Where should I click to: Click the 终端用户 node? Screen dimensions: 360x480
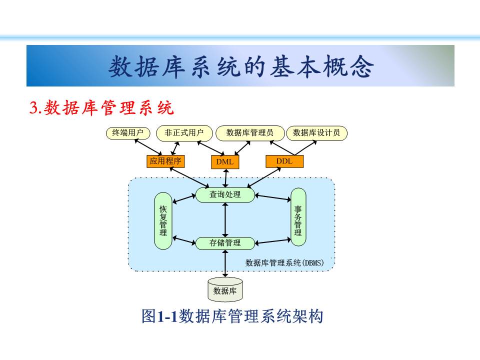pos(128,133)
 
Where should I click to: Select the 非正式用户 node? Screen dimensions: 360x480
pos(184,133)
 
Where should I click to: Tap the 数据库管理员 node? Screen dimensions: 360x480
pos(249,133)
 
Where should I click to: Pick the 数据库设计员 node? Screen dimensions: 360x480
pos(316,133)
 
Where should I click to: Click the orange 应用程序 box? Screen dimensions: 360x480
pos(165,161)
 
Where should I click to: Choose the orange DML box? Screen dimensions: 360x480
pos(225,162)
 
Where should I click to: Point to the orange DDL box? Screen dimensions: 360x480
pos(284,161)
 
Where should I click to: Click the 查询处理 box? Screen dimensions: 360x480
pos(225,194)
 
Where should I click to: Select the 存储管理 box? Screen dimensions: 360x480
pos(225,243)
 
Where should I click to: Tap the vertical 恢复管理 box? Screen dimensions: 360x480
pos(163,220)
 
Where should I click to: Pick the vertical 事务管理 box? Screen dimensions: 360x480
pos(298,216)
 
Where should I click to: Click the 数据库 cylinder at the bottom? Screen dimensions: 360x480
pos(225,290)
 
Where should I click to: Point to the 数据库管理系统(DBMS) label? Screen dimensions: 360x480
pos(285,262)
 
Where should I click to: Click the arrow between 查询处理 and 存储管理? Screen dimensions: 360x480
pos(225,219)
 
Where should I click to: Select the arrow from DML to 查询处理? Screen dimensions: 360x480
pos(226,177)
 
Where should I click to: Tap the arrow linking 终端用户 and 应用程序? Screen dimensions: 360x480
pos(147,146)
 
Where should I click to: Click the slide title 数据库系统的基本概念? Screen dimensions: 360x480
pos(240,67)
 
